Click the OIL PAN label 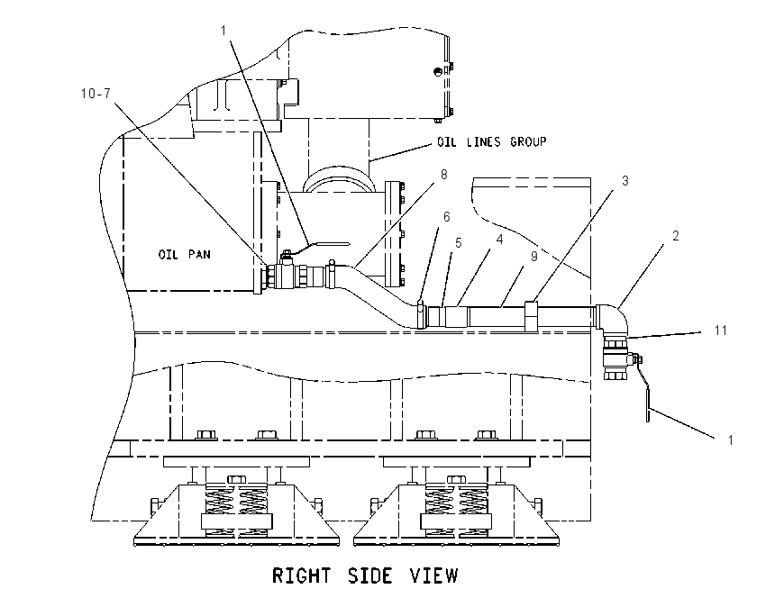coord(184,254)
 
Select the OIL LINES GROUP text coord(491,142)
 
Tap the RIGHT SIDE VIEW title coord(365,575)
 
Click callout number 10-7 coord(96,94)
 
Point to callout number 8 coord(443,175)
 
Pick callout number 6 coord(446,217)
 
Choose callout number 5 coord(458,243)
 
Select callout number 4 coord(499,240)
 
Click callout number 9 coord(534,257)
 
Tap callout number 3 coord(625,181)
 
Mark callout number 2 coord(676,236)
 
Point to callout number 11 coord(721,331)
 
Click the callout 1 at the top coord(223,31)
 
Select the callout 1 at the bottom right coord(730,440)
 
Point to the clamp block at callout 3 coord(532,316)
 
